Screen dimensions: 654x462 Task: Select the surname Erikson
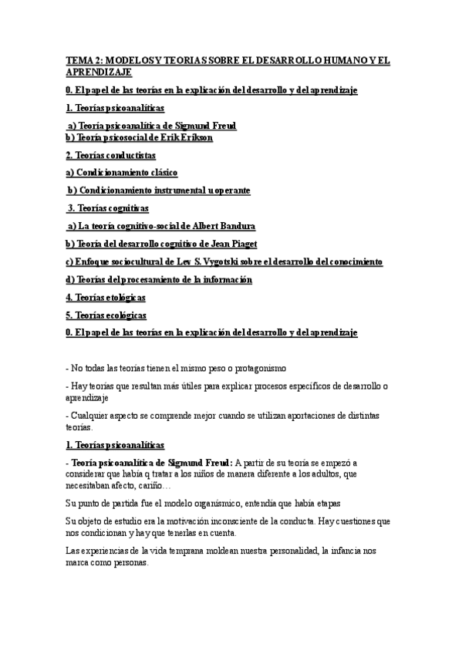(x=192, y=137)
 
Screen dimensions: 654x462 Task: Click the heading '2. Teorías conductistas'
(x=115, y=155)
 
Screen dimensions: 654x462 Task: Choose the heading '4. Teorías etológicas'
(x=106, y=297)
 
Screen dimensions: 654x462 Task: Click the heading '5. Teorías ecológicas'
(x=106, y=315)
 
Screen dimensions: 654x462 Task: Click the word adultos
(x=314, y=474)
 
